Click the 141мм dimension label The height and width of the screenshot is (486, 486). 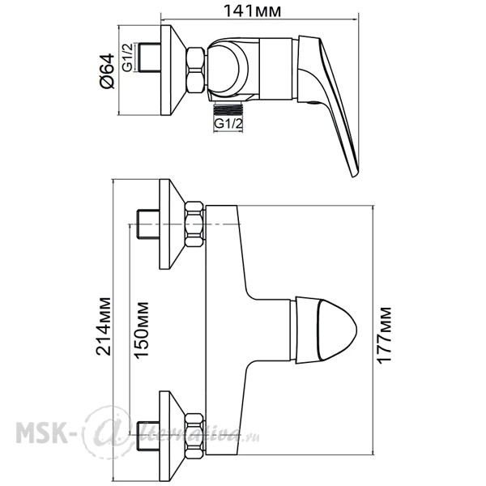(252, 11)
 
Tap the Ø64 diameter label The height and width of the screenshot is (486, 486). (107, 71)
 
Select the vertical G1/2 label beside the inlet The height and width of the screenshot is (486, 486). (127, 58)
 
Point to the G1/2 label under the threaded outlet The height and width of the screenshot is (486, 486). (228, 124)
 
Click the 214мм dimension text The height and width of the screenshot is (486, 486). (103, 326)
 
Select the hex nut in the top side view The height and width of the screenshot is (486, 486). (196, 70)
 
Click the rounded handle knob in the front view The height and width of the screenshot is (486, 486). (326, 330)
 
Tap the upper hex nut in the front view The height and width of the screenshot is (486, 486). (195, 224)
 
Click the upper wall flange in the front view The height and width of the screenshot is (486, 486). (170, 224)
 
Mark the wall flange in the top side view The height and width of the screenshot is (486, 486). (172, 70)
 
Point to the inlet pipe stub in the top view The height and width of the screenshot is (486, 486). (150, 58)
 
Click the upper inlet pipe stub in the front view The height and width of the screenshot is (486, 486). (148, 224)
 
